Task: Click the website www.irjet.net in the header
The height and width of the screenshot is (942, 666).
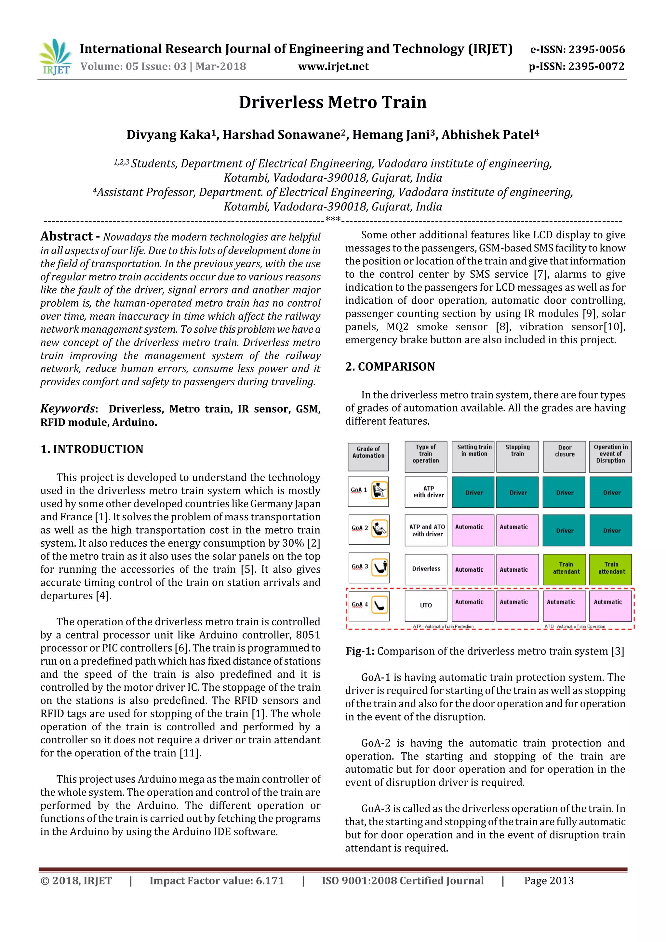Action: point(333,66)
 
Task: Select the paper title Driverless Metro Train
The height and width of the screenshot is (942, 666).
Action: point(333,102)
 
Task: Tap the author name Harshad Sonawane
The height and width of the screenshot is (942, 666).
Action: point(285,135)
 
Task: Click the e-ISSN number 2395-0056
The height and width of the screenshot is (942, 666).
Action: point(597,50)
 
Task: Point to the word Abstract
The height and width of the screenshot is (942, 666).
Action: point(66,236)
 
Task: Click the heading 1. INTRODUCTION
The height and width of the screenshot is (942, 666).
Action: point(92,449)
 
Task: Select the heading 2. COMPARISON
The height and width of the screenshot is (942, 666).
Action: point(390,366)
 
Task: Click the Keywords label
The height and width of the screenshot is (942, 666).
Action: point(68,409)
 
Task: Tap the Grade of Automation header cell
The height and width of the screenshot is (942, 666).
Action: point(368,456)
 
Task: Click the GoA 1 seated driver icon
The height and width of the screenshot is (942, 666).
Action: point(380,490)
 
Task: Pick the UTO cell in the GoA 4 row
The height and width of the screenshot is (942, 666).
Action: point(426,605)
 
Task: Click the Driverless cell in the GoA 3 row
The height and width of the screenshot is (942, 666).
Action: point(426,569)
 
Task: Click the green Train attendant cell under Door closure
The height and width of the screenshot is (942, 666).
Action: point(566,569)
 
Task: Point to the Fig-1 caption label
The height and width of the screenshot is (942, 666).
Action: point(360,651)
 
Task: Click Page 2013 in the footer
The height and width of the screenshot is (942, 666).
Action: point(549,881)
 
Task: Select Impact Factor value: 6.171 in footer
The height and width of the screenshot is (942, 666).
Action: point(217,881)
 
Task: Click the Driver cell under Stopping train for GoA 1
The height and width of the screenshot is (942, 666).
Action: point(517,492)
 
